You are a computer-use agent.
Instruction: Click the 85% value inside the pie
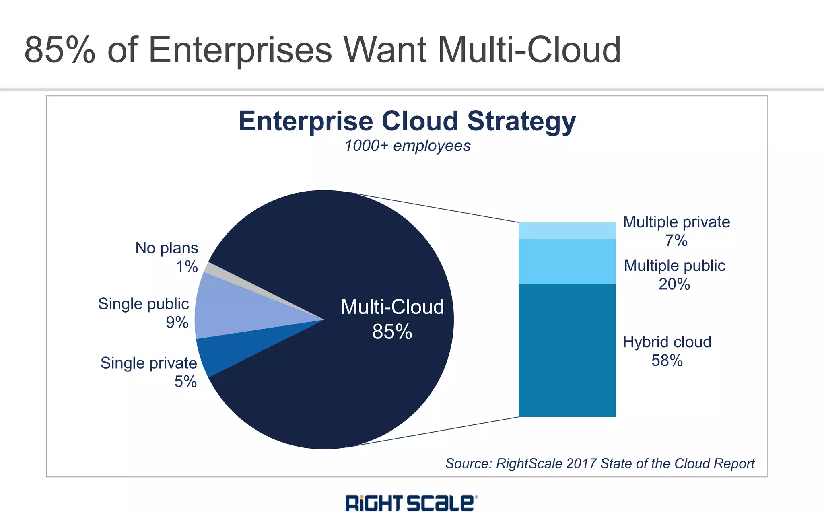392,332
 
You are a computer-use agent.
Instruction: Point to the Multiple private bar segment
567,231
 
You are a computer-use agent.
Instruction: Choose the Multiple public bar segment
567,262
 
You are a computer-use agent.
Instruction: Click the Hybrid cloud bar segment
567,350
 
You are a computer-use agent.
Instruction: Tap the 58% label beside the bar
667,360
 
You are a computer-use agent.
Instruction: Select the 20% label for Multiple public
674,284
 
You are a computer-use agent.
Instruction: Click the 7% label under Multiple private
676,241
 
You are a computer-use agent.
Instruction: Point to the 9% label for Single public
177,322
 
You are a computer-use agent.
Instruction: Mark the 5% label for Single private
185,381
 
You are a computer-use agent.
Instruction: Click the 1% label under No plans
187,267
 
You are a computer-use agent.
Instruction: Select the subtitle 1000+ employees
407,146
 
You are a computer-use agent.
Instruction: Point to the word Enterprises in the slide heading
240,50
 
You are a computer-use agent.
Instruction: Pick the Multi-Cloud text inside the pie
392,307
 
